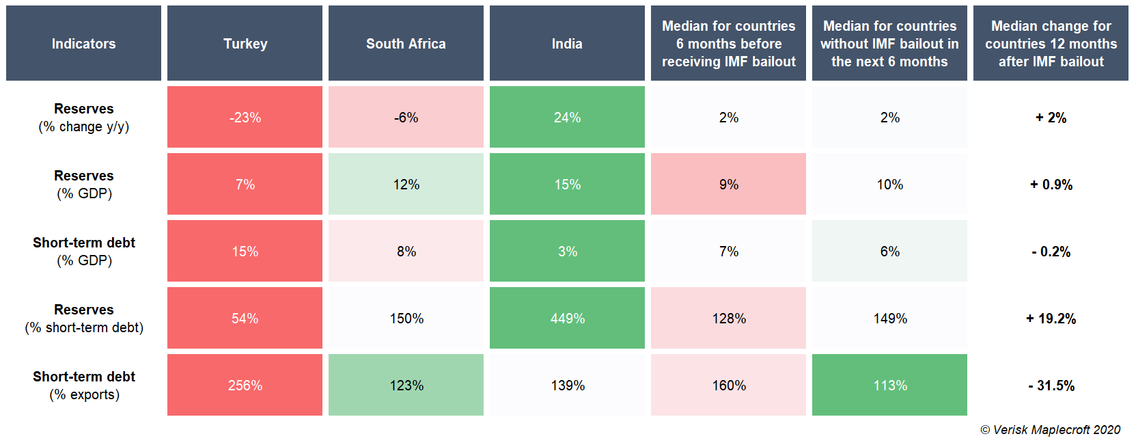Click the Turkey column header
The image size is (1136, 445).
click(x=245, y=44)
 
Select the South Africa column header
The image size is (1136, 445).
click(x=406, y=44)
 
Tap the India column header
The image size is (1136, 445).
click(x=567, y=44)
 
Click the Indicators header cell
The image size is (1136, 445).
click(x=83, y=44)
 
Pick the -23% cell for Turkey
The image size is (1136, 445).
click(x=245, y=118)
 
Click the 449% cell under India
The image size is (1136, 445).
click(x=567, y=319)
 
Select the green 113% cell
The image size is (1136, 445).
click(x=889, y=386)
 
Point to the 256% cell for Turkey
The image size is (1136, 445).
click(x=245, y=386)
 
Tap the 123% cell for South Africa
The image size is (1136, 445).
click(x=406, y=386)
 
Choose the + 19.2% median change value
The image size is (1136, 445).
click(x=1051, y=319)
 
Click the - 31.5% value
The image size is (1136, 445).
click(x=1051, y=386)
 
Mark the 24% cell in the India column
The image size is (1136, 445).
click(x=567, y=118)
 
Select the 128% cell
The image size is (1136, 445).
click(x=728, y=319)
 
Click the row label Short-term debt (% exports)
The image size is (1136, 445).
click(x=84, y=386)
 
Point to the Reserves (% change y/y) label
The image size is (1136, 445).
click(x=84, y=118)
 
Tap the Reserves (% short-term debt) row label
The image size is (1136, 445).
click(x=84, y=319)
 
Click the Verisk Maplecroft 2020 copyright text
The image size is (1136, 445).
click(x=1051, y=430)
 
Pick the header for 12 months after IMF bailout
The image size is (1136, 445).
click(x=1051, y=44)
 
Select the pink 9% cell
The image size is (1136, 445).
click(x=728, y=185)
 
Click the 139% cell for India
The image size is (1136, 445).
click(x=567, y=386)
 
